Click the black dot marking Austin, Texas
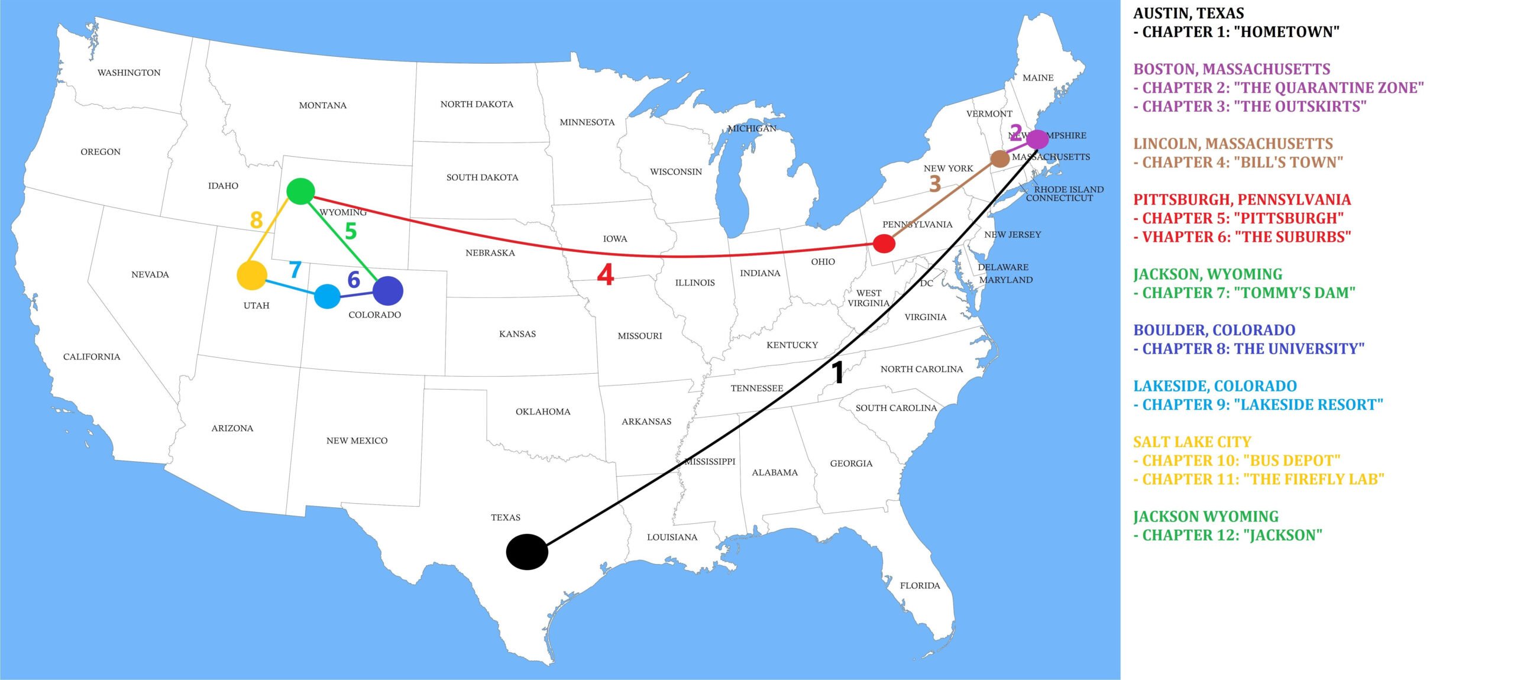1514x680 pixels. point(527,552)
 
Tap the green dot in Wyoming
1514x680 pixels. point(300,191)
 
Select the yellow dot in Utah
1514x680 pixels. point(252,276)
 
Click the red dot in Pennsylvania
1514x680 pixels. point(884,244)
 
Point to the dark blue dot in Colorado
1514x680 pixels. point(388,291)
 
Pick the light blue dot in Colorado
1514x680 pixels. point(327,296)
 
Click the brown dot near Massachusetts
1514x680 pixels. point(999,158)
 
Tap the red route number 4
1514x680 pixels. point(605,274)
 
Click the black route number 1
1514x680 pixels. point(837,372)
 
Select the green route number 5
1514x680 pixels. point(351,231)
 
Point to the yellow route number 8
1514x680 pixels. point(256,220)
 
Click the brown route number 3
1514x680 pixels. point(935,184)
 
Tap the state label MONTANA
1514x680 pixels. point(322,105)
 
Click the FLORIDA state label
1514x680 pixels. point(920,585)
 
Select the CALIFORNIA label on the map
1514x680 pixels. point(92,357)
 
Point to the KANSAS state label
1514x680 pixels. point(517,334)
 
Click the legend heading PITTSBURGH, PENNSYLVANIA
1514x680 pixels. point(1242,200)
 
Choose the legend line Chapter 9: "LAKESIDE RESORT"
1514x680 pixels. point(1262,405)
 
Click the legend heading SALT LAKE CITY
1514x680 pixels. point(1192,442)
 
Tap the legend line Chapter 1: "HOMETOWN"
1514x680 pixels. point(1240,32)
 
